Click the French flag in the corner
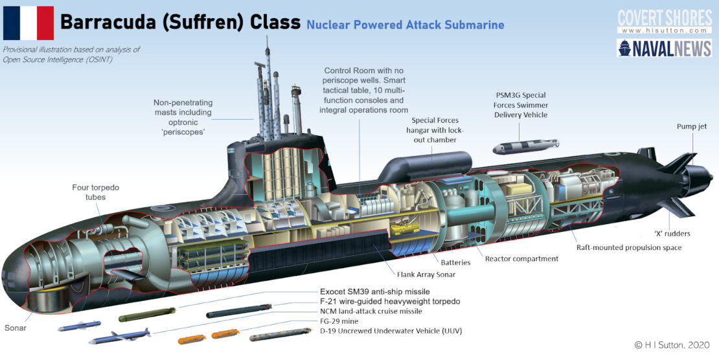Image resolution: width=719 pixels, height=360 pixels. click(x=29, y=23)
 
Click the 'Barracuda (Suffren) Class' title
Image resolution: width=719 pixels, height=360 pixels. click(x=180, y=23)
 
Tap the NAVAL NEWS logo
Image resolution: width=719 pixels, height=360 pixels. click(x=665, y=49)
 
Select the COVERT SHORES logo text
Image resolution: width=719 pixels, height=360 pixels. click(x=665, y=17)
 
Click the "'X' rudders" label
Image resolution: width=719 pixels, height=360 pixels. click(x=673, y=233)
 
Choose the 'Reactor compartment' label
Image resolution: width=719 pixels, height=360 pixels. click(x=521, y=258)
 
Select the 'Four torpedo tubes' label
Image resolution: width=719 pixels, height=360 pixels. click(x=95, y=192)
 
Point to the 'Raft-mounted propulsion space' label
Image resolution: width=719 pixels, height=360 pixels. click(x=629, y=247)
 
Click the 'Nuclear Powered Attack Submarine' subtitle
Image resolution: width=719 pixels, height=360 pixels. click(x=405, y=25)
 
